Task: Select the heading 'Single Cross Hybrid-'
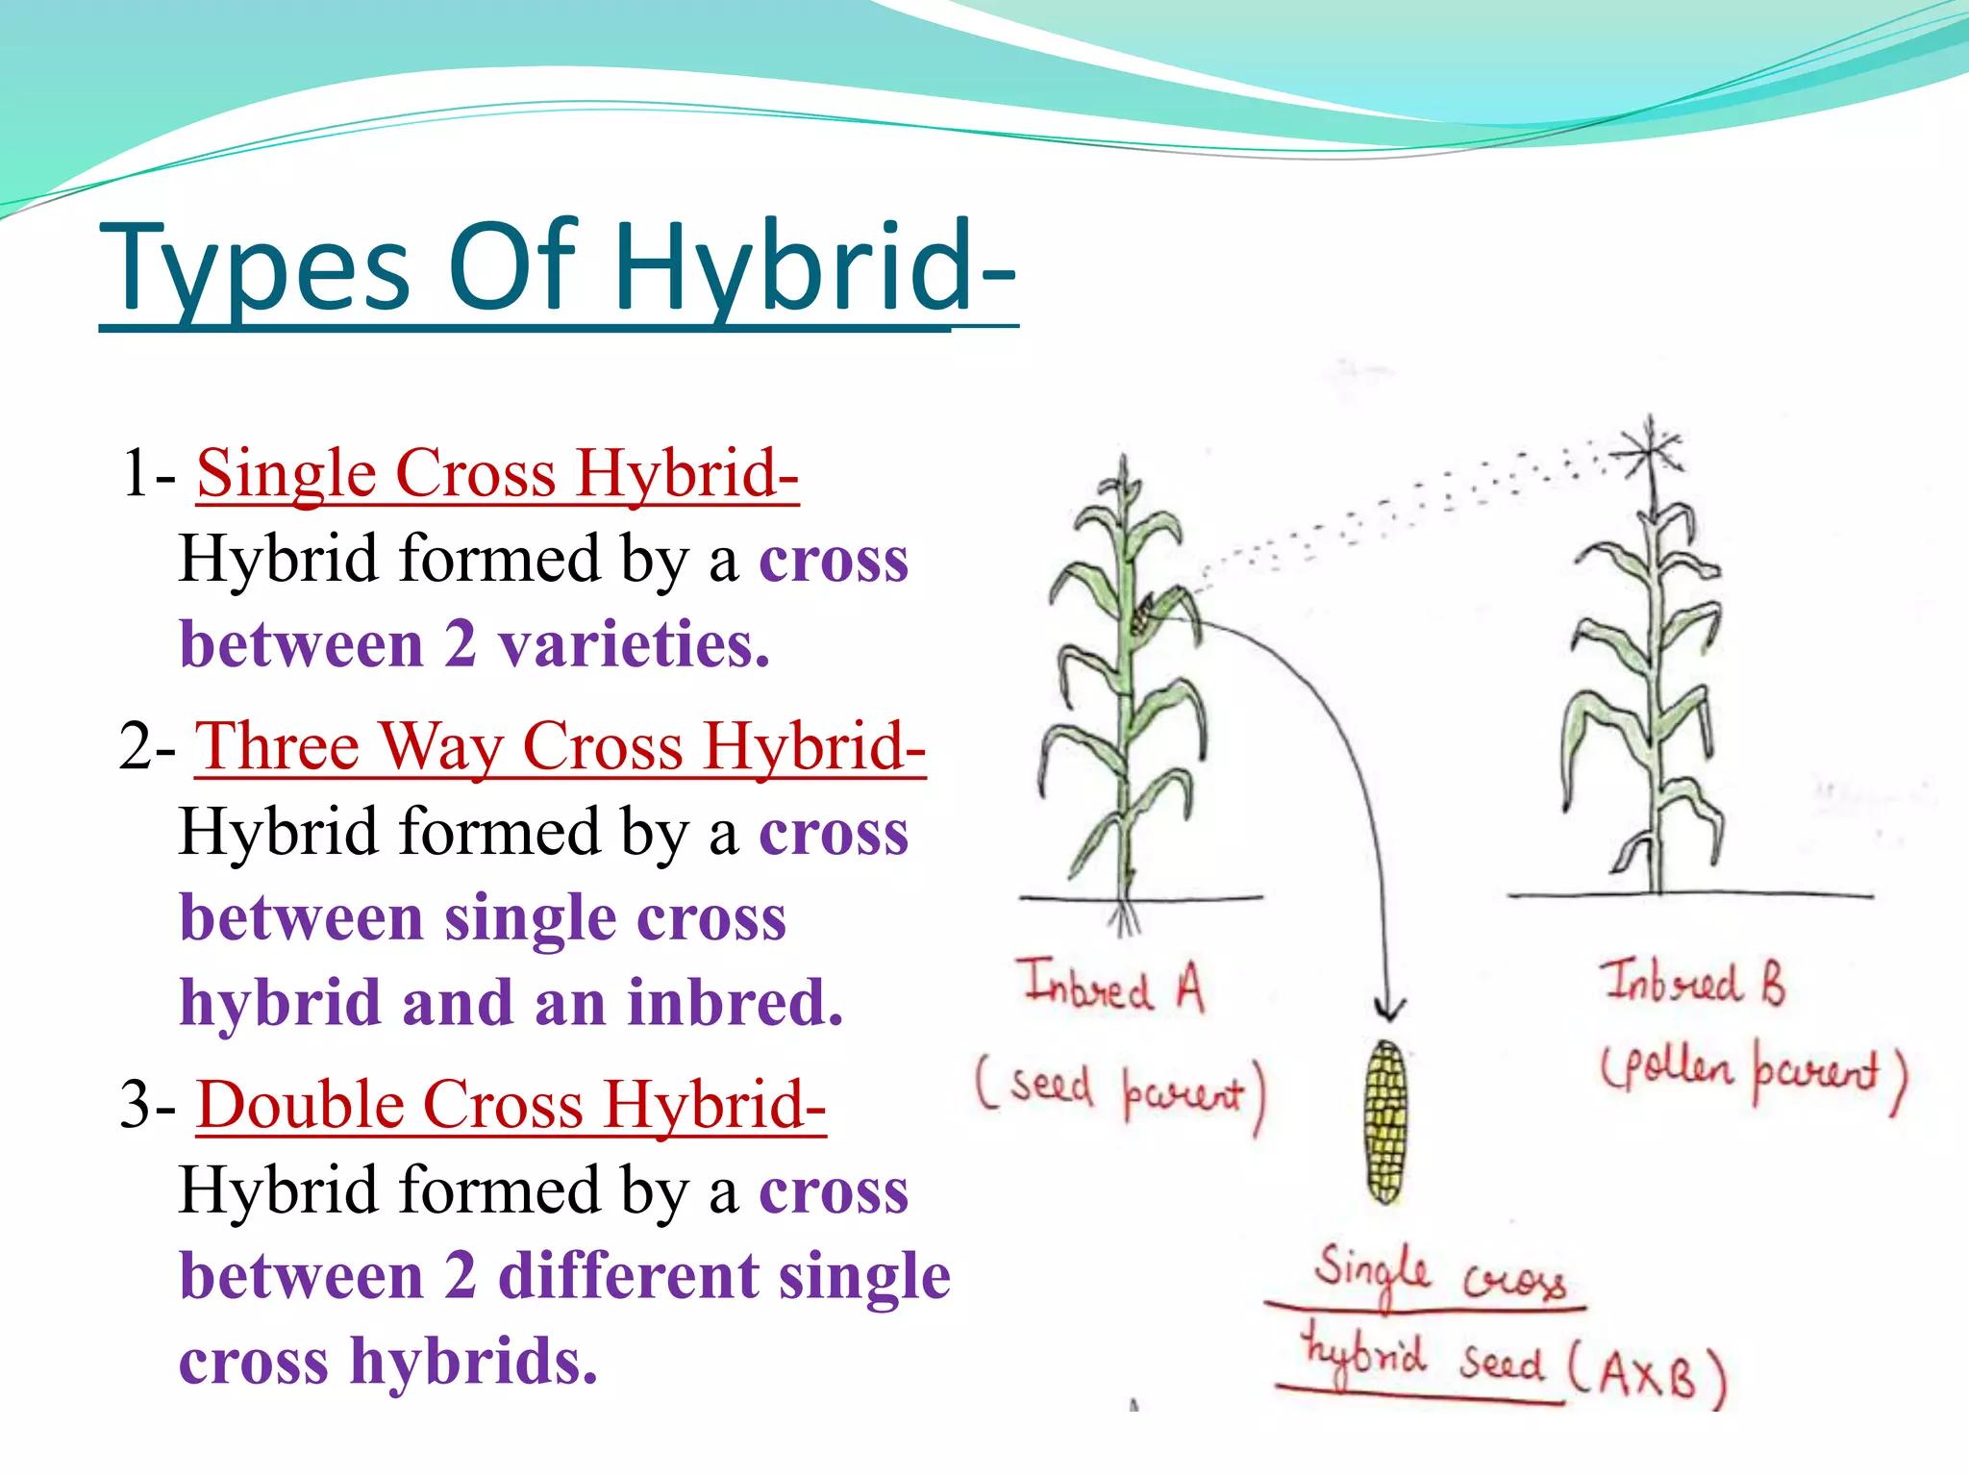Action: pos(497,473)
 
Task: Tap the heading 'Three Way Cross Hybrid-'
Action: pos(560,746)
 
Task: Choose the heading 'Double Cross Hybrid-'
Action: pos(511,1105)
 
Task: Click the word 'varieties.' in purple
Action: pos(634,644)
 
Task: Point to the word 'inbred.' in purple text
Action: pos(735,1003)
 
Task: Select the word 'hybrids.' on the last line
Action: pos(474,1362)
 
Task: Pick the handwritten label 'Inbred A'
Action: pos(1113,987)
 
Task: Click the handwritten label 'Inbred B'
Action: pos(1692,983)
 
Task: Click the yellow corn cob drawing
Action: pos(1385,1121)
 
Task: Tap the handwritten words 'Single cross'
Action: pos(1438,1273)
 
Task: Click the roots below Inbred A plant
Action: pos(1124,917)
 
